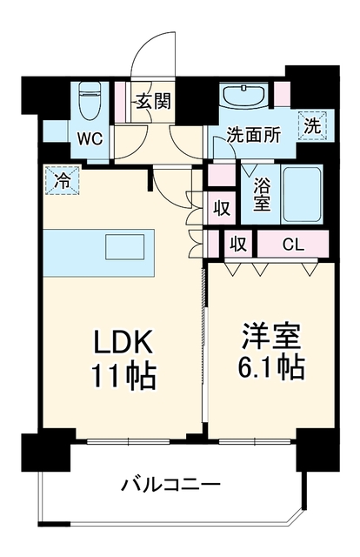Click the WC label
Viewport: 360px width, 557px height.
[90, 139]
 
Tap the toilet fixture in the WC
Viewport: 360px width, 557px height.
[90, 101]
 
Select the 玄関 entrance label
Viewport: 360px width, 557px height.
[154, 101]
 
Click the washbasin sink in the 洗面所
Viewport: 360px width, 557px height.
[244, 95]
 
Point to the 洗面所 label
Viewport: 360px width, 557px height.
[254, 135]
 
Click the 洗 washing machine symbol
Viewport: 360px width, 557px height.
[313, 125]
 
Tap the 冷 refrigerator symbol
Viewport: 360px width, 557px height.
[63, 180]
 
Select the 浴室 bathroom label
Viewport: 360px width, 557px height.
[261, 194]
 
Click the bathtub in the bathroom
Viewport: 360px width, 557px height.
[302, 194]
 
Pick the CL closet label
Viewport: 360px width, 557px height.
[293, 245]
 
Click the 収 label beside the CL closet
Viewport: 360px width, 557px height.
[238, 244]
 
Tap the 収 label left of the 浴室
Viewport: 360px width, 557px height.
[222, 208]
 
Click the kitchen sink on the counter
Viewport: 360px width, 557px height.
[125, 246]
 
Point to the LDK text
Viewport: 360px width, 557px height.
[123, 342]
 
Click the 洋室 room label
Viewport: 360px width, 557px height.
[271, 336]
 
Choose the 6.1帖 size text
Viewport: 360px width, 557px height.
[271, 367]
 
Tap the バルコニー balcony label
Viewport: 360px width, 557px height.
[171, 485]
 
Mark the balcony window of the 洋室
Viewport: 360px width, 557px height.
[255, 441]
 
